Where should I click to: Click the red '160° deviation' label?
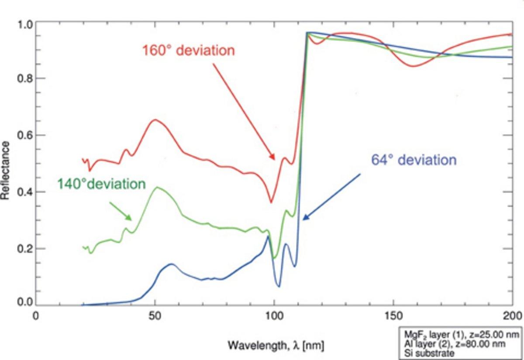(189, 50)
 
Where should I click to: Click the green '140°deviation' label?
(101, 184)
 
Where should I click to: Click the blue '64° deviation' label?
(414, 160)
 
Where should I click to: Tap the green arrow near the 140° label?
(120, 211)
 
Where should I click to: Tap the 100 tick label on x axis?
(274, 315)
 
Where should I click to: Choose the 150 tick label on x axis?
(393, 315)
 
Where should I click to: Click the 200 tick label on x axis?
(512, 315)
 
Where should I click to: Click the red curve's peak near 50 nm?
(154, 120)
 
